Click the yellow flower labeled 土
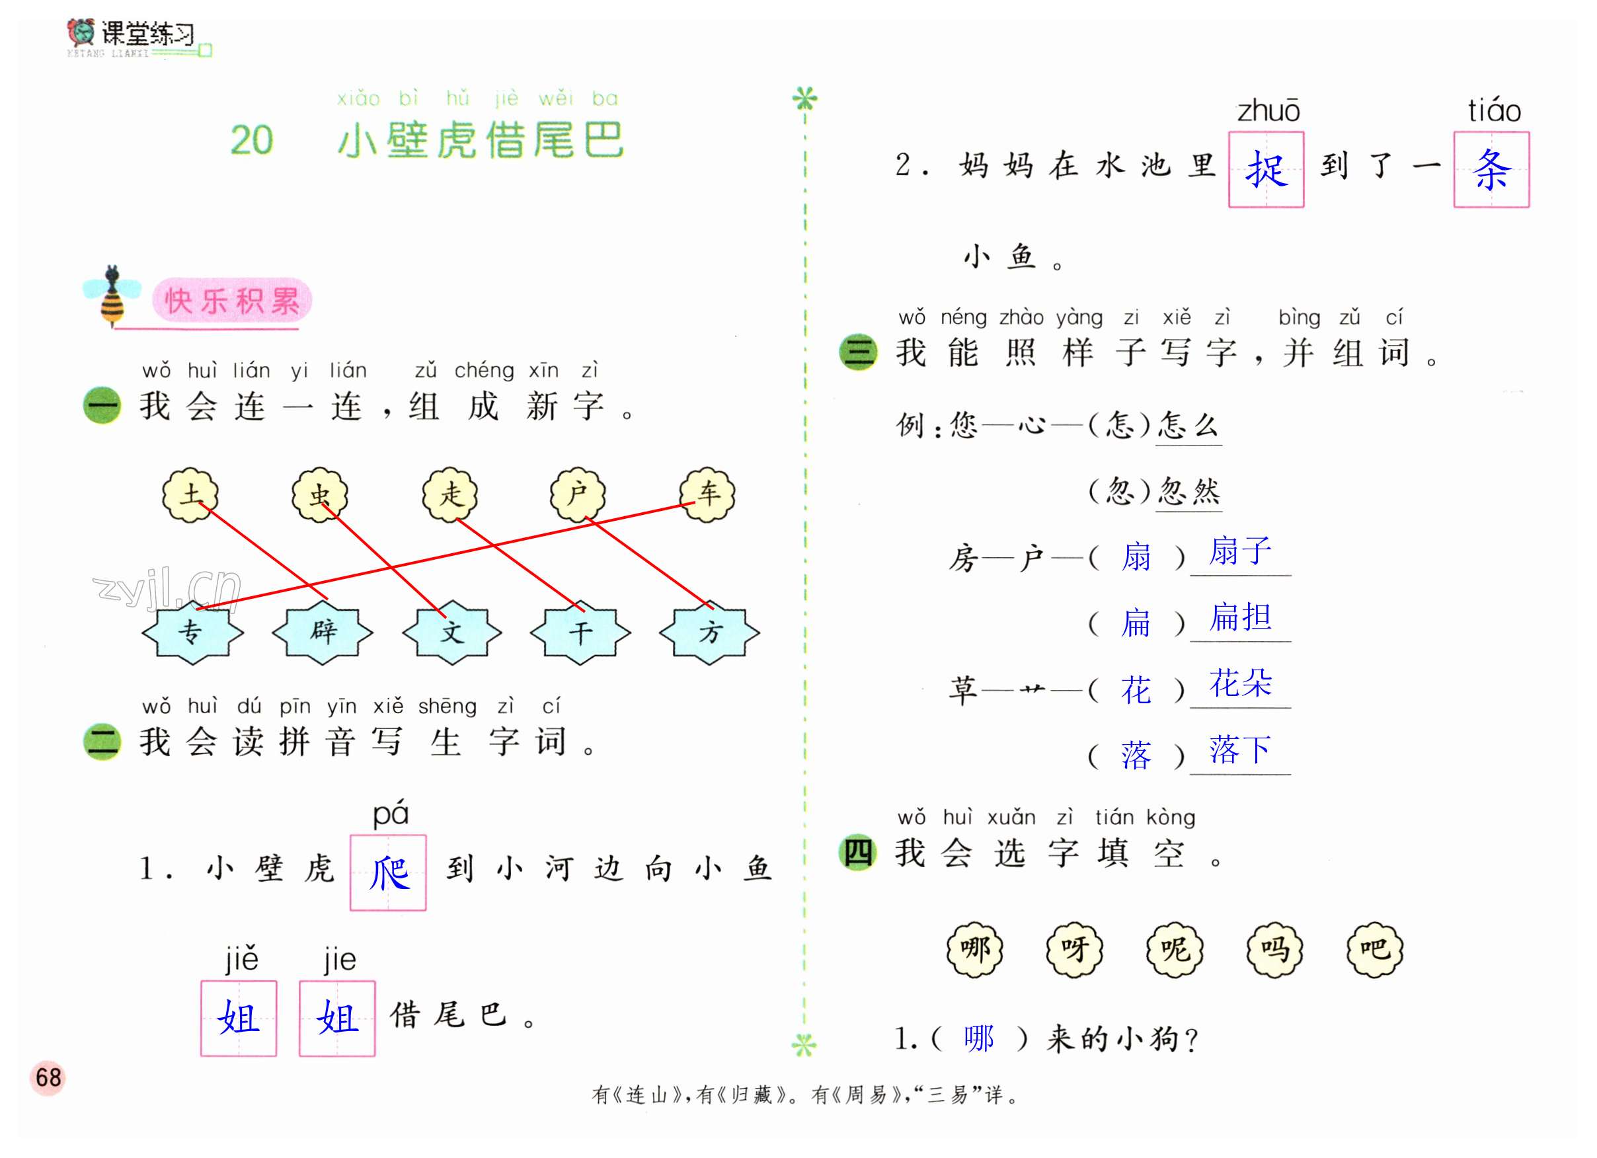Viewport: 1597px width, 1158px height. tap(190, 495)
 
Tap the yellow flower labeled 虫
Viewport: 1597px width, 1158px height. tap(321, 495)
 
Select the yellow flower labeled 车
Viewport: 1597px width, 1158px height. tap(708, 495)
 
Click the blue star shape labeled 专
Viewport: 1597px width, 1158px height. tap(192, 632)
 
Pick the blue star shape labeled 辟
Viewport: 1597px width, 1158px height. tap(323, 632)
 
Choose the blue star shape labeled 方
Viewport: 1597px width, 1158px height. tap(709, 632)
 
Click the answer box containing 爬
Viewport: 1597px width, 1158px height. tap(388, 873)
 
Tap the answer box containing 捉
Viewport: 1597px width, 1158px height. tap(1266, 170)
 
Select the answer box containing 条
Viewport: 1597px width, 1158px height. tap(1491, 170)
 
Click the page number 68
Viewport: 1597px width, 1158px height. tap(48, 1078)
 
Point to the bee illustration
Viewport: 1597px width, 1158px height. tap(111, 295)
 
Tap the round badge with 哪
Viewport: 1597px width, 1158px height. tap(974, 950)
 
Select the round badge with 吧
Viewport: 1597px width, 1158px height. tap(1374, 950)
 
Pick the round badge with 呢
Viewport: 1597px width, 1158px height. tap(1175, 950)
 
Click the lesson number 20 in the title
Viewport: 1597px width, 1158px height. tap(251, 140)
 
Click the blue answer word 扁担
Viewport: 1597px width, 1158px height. tap(1240, 618)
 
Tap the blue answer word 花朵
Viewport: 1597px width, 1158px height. tap(1240, 683)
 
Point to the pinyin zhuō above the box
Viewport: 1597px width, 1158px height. tap(1268, 111)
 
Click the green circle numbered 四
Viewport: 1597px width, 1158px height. tap(857, 853)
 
